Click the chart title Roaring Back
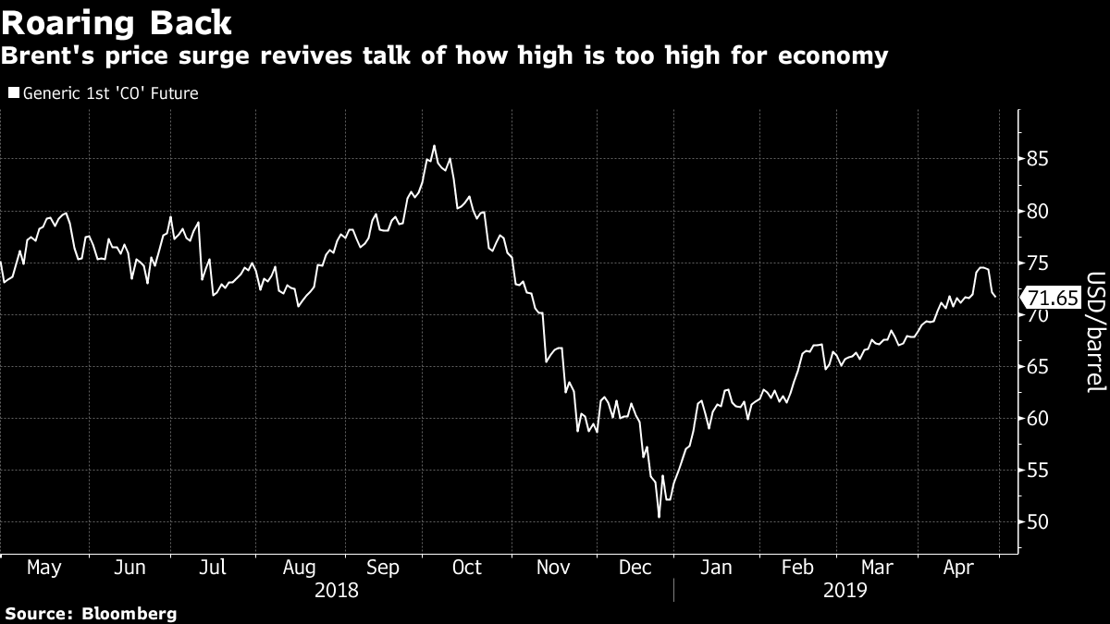pyautogui.click(x=117, y=21)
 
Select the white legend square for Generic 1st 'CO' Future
pyautogui.click(x=13, y=93)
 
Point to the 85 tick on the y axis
pyautogui.click(x=1038, y=159)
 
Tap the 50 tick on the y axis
pyautogui.click(x=1038, y=522)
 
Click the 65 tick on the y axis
pyautogui.click(x=1038, y=367)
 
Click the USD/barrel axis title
pyautogui.click(x=1095, y=332)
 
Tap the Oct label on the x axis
pyautogui.click(x=467, y=567)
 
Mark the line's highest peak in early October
pyautogui.click(x=435, y=145)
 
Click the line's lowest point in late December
pyautogui.click(x=659, y=517)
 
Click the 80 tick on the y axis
pyautogui.click(x=1038, y=212)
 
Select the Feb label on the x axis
pyautogui.click(x=796, y=567)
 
